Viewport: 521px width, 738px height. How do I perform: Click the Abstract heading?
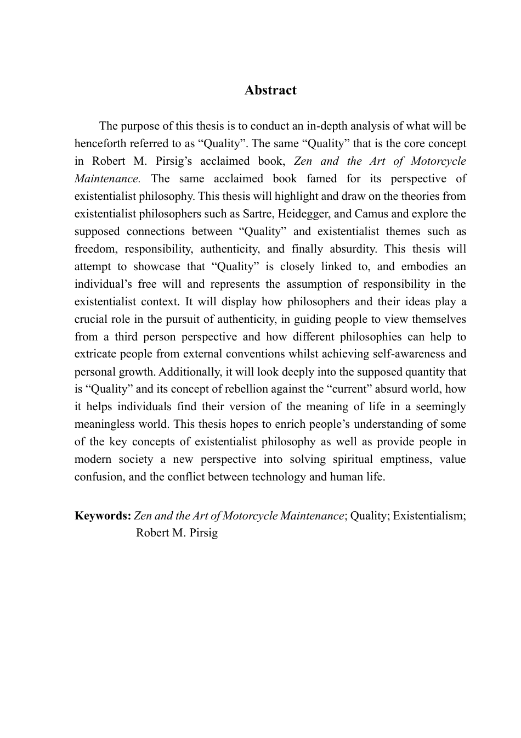(270, 90)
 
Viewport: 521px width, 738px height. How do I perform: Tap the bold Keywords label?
(103, 516)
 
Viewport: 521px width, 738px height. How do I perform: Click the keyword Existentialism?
(429, 516)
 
